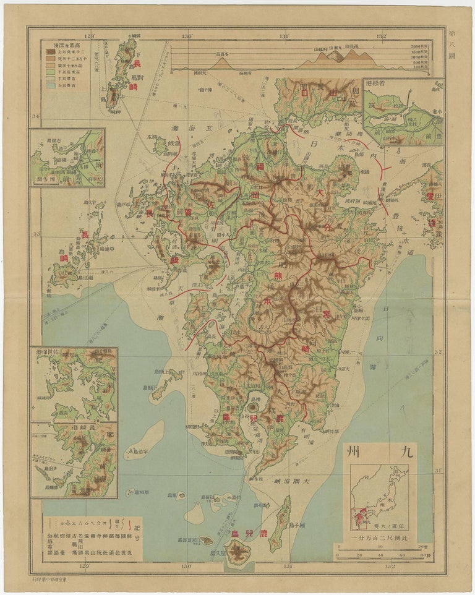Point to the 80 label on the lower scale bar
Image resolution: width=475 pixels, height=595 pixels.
[422, 554]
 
